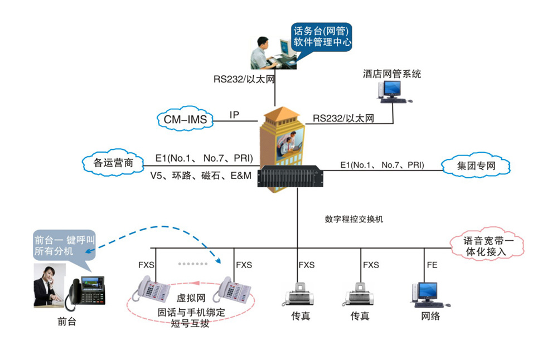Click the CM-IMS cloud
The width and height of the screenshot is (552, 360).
click(185, 119)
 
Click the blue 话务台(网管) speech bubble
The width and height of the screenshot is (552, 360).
click(323, 36)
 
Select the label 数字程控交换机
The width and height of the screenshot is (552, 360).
click(354, 219)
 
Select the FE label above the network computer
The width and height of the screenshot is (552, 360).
click(432, 265)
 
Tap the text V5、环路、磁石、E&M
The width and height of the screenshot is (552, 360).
click(201, 176)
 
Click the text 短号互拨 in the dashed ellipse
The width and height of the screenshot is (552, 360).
click(191, 323)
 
